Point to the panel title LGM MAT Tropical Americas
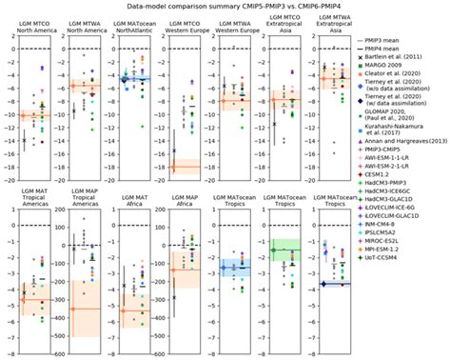pos(37,210)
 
